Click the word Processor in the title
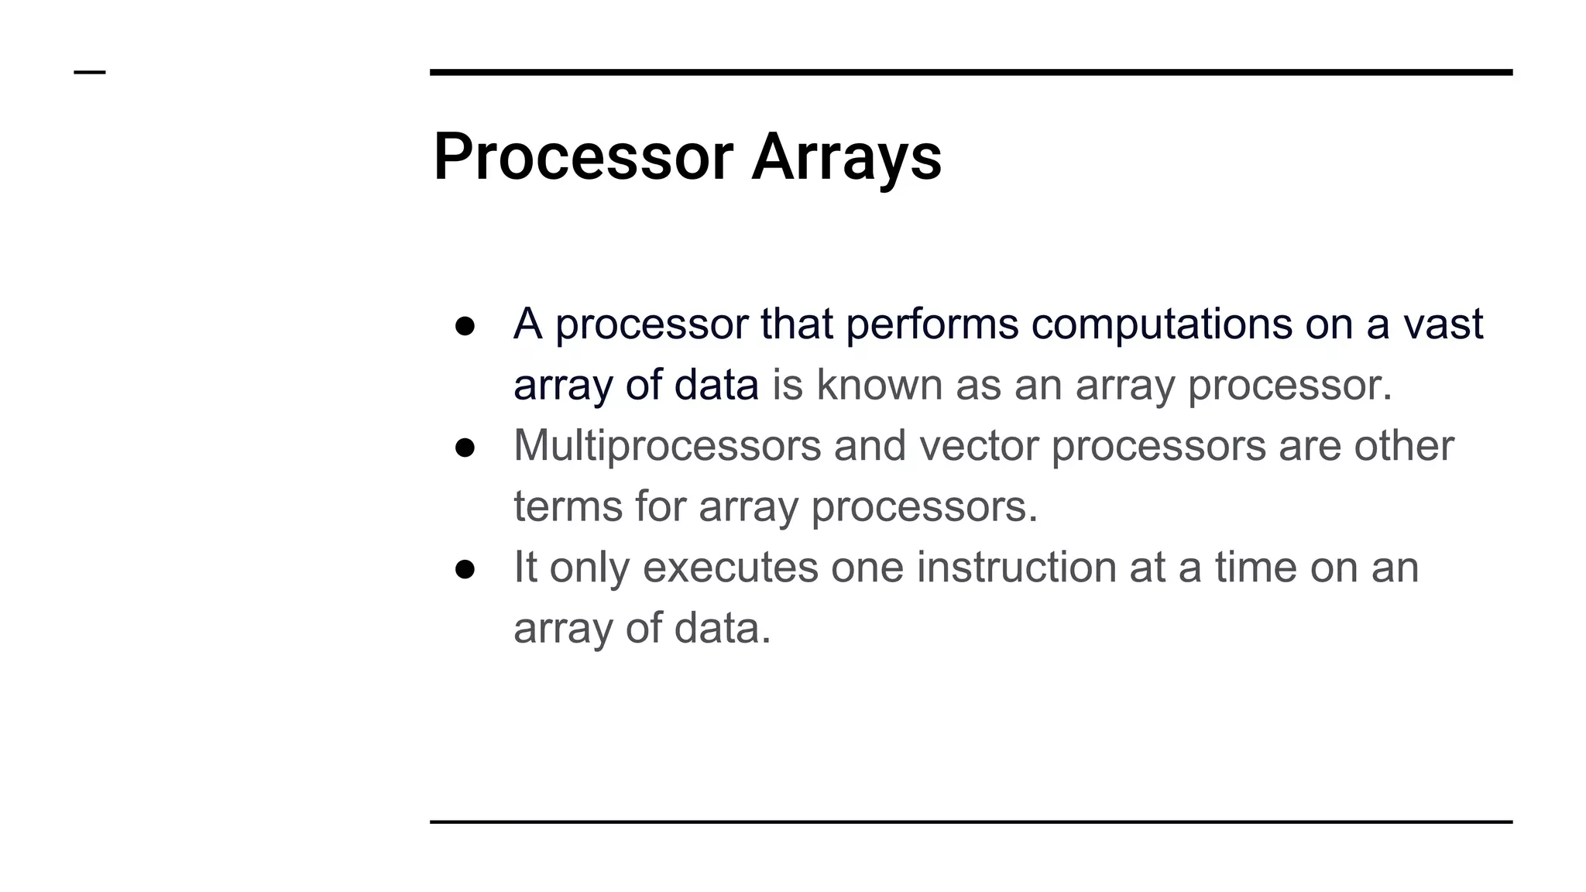click(x=582, y=158)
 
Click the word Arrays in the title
click(x=846, y=158)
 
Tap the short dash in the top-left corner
click(x=90, y=73)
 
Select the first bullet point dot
click(x=465, y=326)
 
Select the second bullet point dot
click(x=465, y=448)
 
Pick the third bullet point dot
click(x=465, y=569)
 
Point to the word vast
click(x=1444, y=324)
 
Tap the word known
click(x=879, y=385)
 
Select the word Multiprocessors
click(x=667, y=446)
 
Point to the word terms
click(x=568, y=507)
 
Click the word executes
click(x=730, y=568)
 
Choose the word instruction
click(x=1016, y=568)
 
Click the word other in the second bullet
click(x=1403, y=446)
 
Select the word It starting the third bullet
click(x=525, y=568)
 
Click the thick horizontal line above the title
click(x=970, y=72)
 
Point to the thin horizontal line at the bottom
click(x=970, y=822)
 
